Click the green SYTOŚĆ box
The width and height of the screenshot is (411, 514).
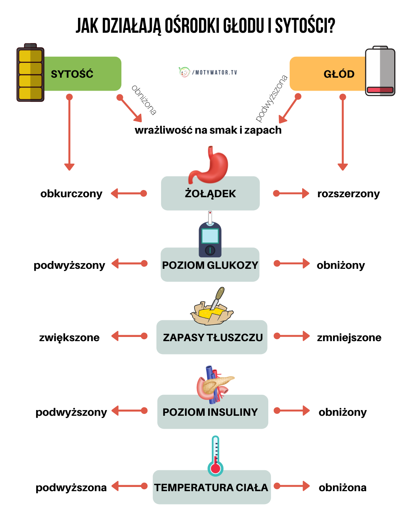tap(82, 74)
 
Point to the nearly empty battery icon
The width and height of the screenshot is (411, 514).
tap(380, 71)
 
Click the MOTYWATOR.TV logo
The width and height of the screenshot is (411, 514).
tap(208, 72)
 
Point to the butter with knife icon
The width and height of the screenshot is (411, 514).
tap(212, 308)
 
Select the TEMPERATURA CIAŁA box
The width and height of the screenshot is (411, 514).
tap(212, 488)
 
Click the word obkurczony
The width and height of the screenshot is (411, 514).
tap(71, 194)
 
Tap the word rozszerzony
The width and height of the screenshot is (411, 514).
tap(348, 194)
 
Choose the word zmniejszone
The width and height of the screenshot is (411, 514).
tap(349, 338)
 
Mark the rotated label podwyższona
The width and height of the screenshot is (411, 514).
tap(271, 98)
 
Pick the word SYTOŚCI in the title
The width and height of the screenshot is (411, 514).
tap(305, 26)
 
